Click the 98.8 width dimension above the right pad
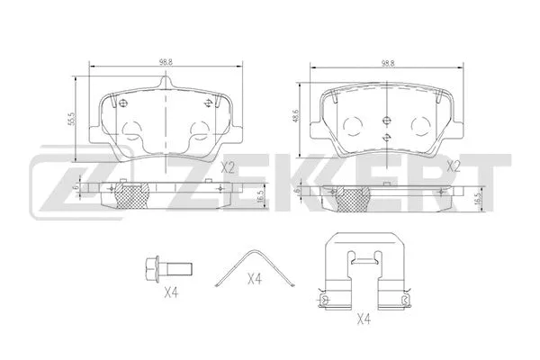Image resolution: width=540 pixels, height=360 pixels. pyautogui.click(x=388, y=61)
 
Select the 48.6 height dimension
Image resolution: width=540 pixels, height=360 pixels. pyautogui.click(x=296, y=117)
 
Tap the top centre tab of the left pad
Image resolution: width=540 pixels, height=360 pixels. pyautogui.click(x=165, y=84)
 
